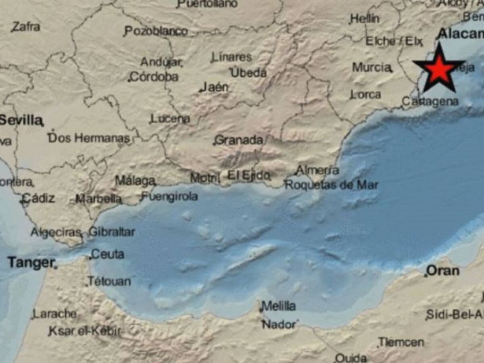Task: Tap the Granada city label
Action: click(x=239, y=140)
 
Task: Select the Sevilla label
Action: click(x=21, y=120)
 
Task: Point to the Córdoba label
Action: click(x=154, y=77)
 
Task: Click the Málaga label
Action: click(x=135, y=181)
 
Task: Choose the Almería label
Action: click(x=317, y=170)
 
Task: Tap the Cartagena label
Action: click(x=430, y=102)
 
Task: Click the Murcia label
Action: click(x=371, y=67)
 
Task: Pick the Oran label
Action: click(x=443, y=270)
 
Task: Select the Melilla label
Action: click(x=279, y=306)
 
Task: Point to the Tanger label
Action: click(x=31, y=263)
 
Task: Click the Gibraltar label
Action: click(x=112, y=232)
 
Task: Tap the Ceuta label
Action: click(x=108, y=255)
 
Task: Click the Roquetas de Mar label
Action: click(x=332, y=185)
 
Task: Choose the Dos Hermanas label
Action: click(x=89, y=138)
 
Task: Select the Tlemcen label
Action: click(x=401, y=342)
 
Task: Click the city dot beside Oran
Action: click(x=426, y=276)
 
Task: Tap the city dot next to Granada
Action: click(x=214, y=144)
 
